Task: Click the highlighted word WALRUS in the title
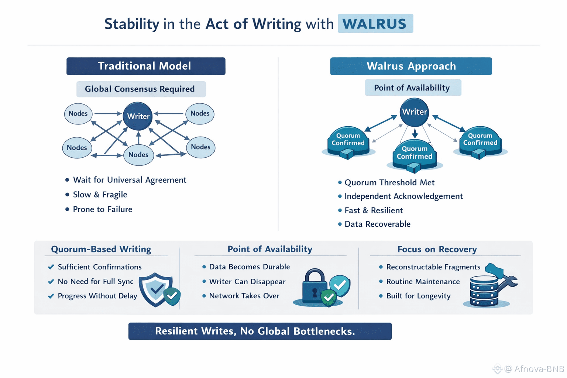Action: click(x=375, y=24)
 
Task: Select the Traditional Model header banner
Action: click(x=145, y=66)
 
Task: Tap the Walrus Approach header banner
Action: click(x=411, y=66)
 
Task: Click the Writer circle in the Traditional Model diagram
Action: click(x=138, y=116)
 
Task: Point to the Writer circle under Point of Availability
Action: click(x=414, y=112)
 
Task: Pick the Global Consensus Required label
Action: click(x=140, y=89)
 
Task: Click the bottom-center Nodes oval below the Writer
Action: click(x=138, y=155)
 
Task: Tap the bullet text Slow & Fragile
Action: click(x=100, y=195)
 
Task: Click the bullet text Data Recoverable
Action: click(x=377, y=224)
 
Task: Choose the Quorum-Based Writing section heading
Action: click(x=101, y=249)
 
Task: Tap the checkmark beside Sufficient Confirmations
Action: click(x=51, y=267)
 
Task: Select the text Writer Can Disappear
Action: click(x=247, y=282)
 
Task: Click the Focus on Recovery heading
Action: click(x=437, y=249)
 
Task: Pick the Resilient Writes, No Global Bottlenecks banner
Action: click(x=260, y=331)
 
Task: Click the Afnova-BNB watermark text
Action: click(x=539, y=369)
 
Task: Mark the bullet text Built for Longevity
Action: click(x=418, y=296)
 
